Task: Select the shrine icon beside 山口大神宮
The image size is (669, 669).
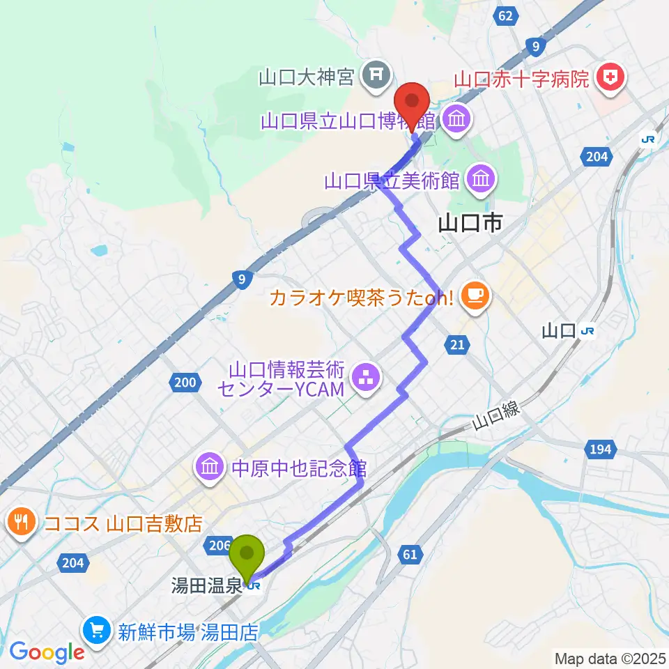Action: (376, 72)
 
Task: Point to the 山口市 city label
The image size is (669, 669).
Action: (471, 223)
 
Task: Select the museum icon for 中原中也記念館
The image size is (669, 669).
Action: (210, 466)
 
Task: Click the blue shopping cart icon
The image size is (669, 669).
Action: (96, 632)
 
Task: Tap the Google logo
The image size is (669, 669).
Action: (47, 652)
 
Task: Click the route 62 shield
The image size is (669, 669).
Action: (506, 16)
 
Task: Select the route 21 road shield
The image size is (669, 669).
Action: (457, 344)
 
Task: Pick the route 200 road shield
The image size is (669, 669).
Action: (185, 381)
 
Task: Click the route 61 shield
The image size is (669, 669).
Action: (408, 555)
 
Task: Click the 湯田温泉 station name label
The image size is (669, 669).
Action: (207, 586)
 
